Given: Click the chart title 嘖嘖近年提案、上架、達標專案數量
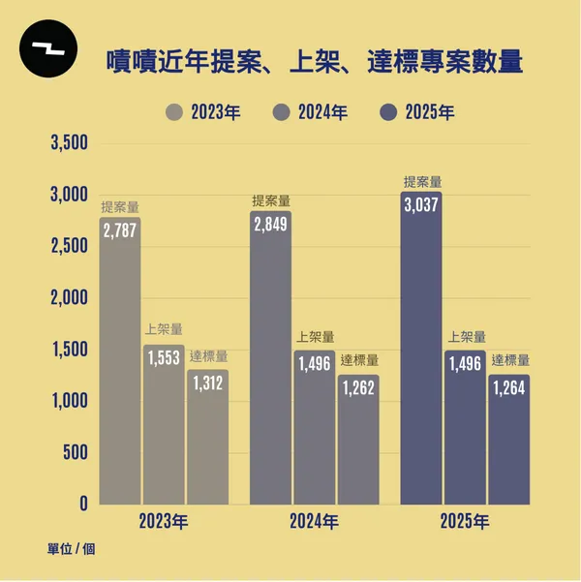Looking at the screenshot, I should tap(314, 63).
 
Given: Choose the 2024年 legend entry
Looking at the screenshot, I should tap(310, 112).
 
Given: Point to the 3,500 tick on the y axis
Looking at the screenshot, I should tap(68, 144).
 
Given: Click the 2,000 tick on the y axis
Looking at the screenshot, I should tap(68, 298).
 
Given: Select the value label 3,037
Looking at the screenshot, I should tap(421, 205).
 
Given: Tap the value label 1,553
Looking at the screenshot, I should tap(164, 357).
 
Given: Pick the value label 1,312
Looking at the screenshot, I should tap(207, 383).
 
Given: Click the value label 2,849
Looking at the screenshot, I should tap(270, 225).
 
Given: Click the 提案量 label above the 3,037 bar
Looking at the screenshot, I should tap(422, 181).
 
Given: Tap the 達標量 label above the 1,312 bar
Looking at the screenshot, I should tap(208, 355).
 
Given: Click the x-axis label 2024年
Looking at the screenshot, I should tap(314, 522).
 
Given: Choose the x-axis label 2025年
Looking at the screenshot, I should tap(465, 522).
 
